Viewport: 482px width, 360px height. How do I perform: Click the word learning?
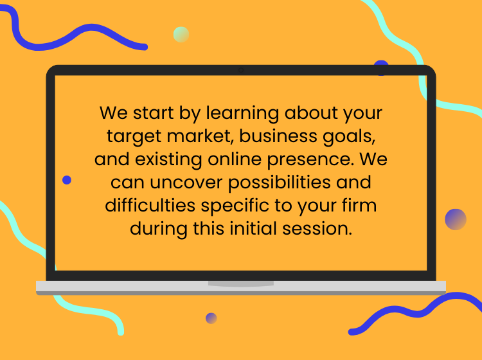[242, 113]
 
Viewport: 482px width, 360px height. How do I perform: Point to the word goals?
[349, 137]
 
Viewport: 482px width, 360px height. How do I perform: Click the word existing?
[168, 160]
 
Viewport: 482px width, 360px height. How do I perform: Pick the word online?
[235, 159]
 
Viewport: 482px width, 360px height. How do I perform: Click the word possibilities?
[279, 183]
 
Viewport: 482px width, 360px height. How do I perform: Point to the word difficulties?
[150, 205]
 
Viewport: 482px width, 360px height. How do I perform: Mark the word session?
[317, 229]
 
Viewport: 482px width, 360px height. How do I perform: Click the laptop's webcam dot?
[241, 70]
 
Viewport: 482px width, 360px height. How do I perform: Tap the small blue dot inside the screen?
[67, 180]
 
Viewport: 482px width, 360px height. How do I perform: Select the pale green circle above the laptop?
[181, 35]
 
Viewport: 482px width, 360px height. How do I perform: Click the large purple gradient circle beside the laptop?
[456, 219]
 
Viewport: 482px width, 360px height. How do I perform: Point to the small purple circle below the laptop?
[211, 318]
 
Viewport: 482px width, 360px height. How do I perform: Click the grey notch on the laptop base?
[241, 283]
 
